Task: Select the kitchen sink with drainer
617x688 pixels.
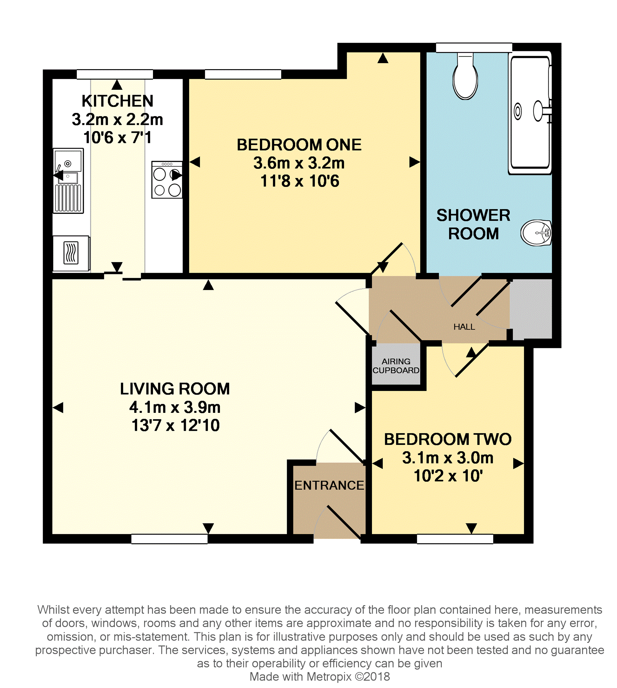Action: coord(68,181)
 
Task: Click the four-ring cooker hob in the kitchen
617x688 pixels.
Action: coord(167,180)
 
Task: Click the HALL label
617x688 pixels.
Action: coord(464,327)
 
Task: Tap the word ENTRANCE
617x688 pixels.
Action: coord(329,486)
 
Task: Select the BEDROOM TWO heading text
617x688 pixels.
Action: coord(448,439)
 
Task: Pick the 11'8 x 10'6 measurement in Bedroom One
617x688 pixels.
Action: coord(299,181)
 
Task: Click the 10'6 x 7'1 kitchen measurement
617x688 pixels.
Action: coord(117,138)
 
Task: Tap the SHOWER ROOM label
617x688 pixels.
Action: coord(473,225)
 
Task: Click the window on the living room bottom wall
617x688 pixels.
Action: coord(169,539)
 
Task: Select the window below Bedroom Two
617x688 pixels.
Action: coord(455,539)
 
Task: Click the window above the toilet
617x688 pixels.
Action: coord(473,48)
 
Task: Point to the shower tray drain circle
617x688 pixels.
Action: coord(518,111)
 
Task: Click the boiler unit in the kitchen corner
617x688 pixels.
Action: coord(71,253)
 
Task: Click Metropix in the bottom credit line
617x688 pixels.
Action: coord(329,677)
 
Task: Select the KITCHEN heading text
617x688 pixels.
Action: coord(117,101)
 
